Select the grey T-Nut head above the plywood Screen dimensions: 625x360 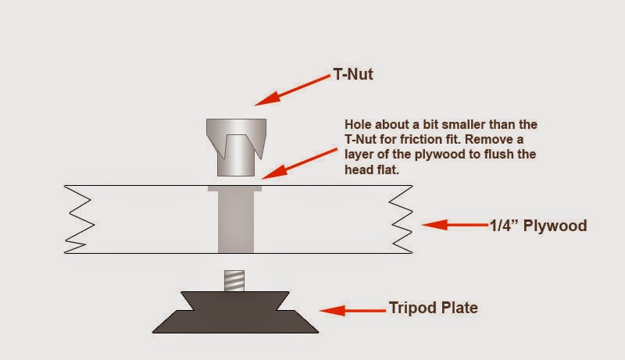[x=235, y=147]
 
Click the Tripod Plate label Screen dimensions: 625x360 [x=432, y=308]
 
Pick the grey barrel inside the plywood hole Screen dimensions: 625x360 [x=234, y=222]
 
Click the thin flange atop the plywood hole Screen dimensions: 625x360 [x=234, y=188]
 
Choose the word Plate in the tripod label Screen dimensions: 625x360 [x=458, y=308]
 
